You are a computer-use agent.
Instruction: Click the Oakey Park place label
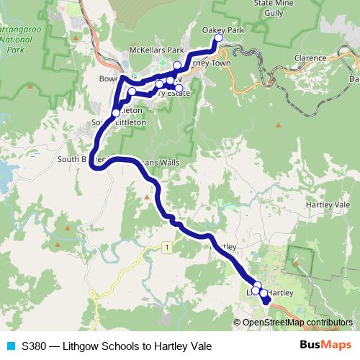(224, 31)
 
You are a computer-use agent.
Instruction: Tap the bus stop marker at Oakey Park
(219, 38)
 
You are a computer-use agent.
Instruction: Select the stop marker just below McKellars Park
(177, 65)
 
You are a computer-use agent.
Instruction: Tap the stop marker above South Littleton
(116, 112)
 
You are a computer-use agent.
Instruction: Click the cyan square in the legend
(10, 346)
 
